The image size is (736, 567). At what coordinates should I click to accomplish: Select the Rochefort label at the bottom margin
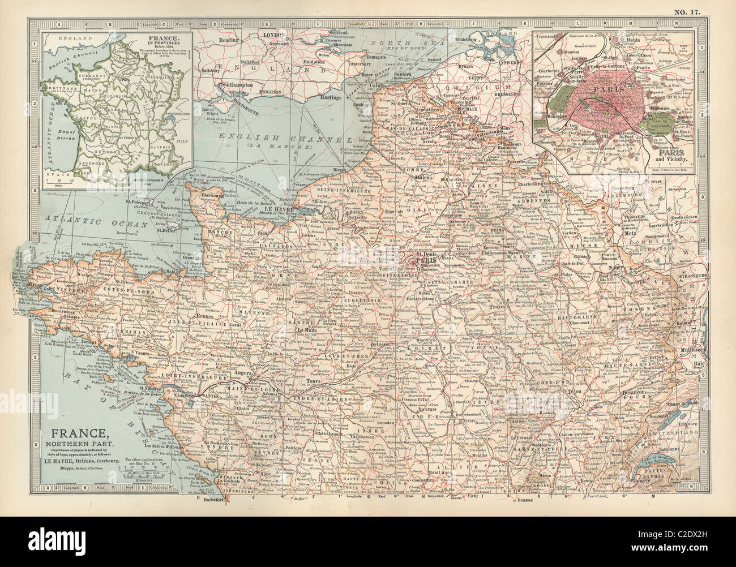(x=214, y=500)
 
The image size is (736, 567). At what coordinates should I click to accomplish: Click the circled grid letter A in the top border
(x=57, y=24)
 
